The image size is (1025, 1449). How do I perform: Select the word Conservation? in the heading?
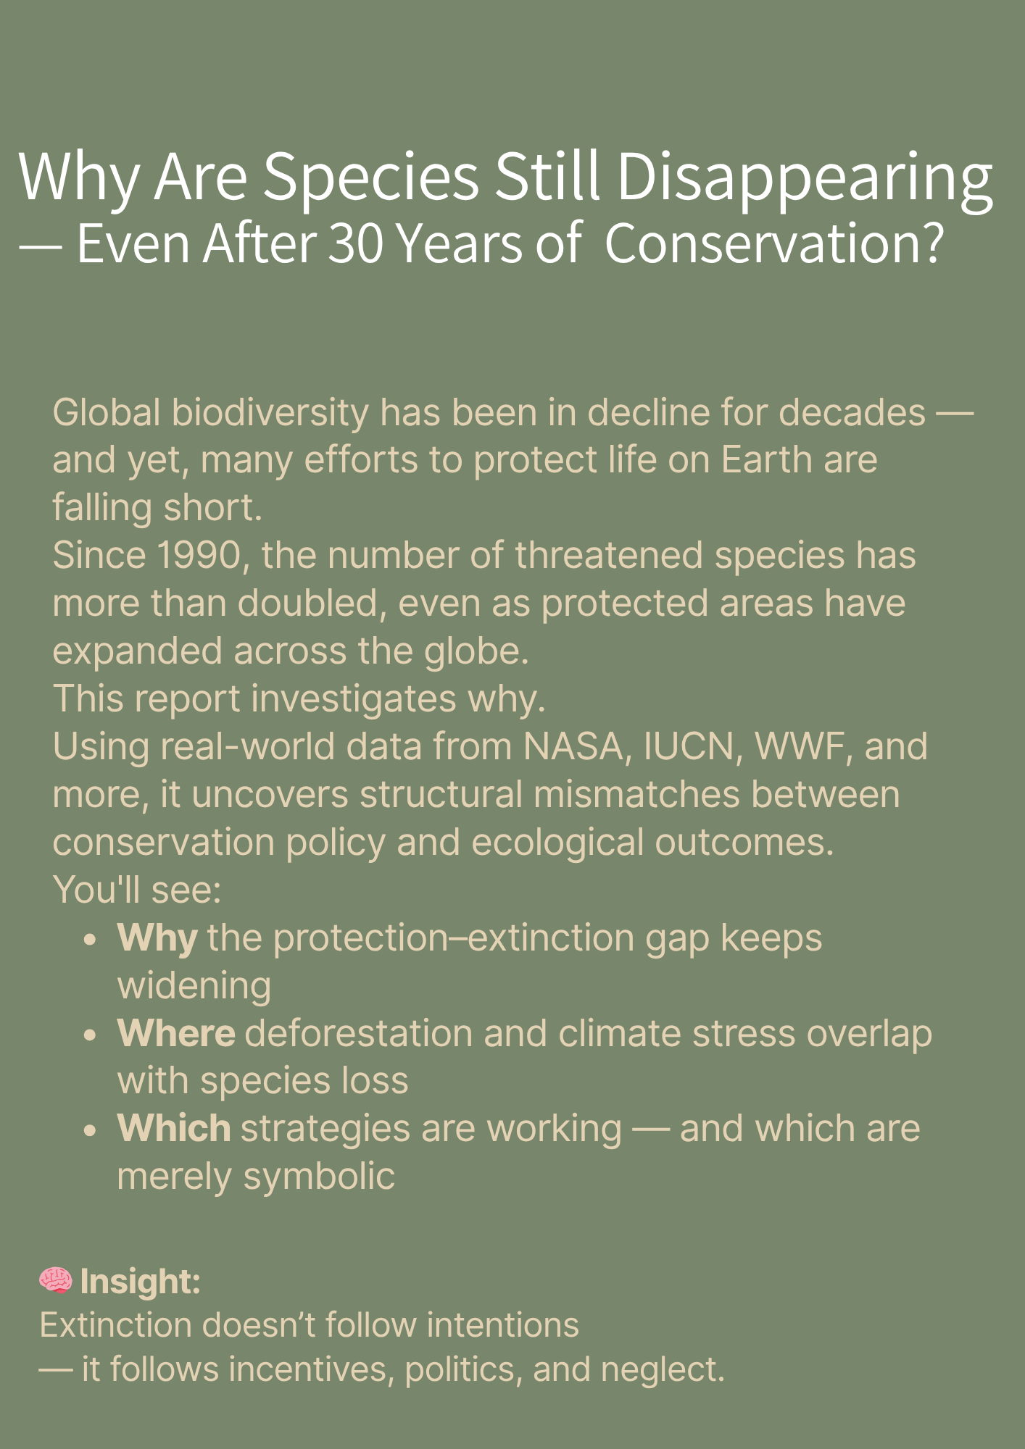click(774, 243)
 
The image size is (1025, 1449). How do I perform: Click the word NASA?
click(573, 747)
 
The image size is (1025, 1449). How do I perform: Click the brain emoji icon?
click(56, 1281)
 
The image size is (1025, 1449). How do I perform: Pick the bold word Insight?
click(140, 1282)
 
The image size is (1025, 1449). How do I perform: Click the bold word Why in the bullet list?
click(157, 939)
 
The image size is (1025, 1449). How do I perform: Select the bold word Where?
click(176, 1033)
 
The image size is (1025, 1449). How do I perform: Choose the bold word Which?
click(174, 1129)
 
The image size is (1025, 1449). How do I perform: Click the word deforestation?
click(359, 1033)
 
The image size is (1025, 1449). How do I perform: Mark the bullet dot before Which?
click(90, 1131)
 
